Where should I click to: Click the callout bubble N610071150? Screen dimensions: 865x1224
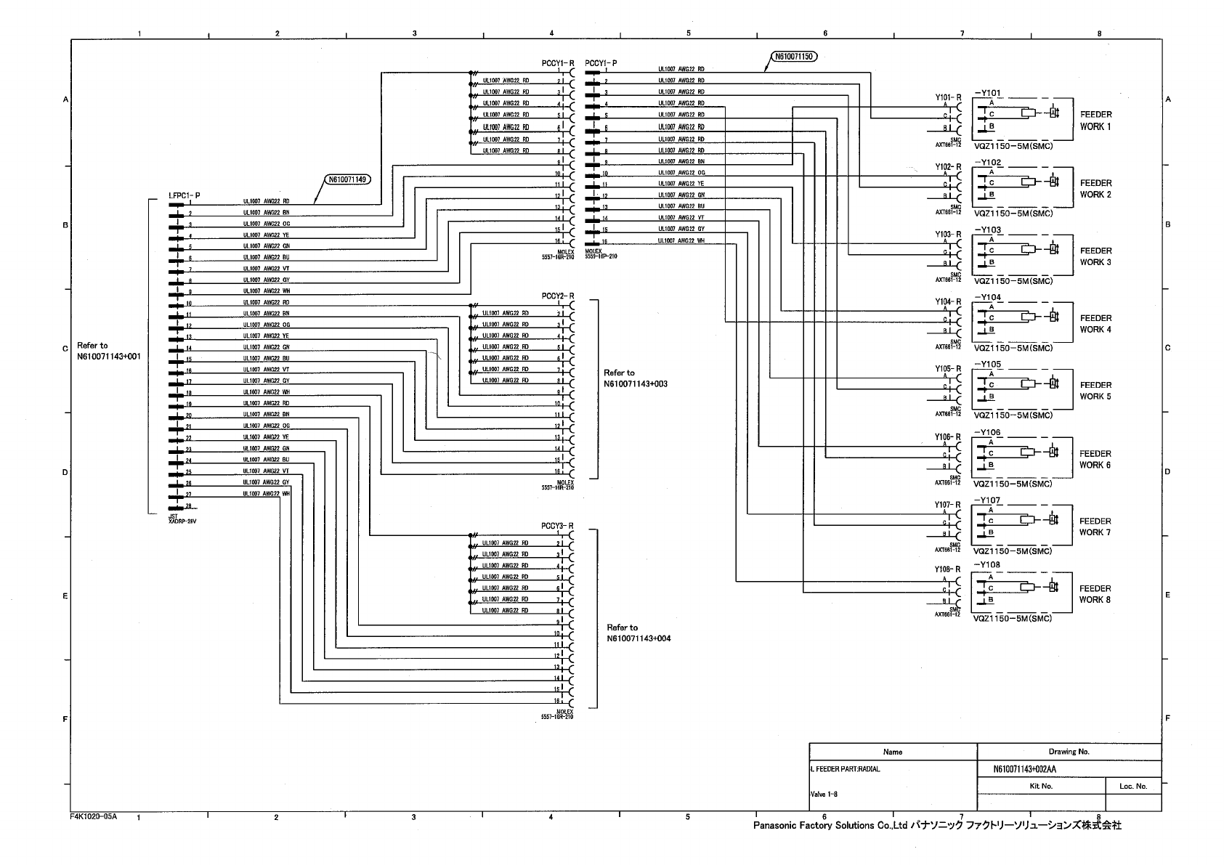(x=793, y=56)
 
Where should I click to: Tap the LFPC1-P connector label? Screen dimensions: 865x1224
(x=185, y=195)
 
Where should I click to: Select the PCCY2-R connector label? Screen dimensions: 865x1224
(x=557, y=296)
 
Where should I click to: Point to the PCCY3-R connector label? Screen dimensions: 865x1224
(x=557, y=526)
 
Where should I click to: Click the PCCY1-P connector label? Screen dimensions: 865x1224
(x=601, y=63)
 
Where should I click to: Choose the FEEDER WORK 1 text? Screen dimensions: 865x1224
(x=1095, y=121)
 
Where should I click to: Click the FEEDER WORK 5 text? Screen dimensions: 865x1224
(x=1095, y=391)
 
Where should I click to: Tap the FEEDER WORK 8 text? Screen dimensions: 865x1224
(x=1095, y=594)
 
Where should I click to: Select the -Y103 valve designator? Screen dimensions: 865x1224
(x=987, y=230)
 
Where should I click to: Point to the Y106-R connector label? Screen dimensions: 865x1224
(x=947, y=437)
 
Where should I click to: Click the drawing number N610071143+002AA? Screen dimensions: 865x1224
(x=1024, y=769)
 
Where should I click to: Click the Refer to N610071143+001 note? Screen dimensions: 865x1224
(x=108, y=352)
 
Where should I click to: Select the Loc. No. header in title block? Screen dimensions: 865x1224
(x=1132, y=786)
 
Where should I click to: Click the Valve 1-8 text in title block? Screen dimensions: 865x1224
(x=824, y=794)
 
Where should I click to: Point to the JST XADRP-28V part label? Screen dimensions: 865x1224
(x=178, y=519)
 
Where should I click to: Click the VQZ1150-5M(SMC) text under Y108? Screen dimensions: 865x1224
(x=1012, y=619)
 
